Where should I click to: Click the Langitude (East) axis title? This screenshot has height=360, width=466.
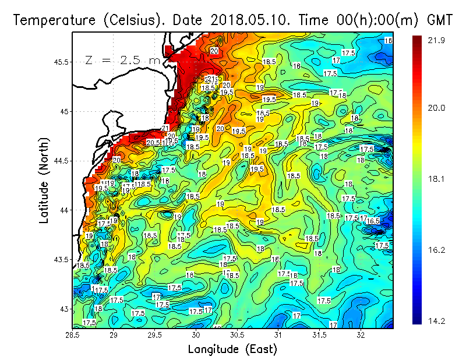(x=232, y=350)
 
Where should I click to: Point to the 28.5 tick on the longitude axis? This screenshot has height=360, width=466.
(x=72, y=336)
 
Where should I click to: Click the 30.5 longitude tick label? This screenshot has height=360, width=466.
(x=237, y=336)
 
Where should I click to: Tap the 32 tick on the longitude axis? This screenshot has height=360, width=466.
(x=361, y=336)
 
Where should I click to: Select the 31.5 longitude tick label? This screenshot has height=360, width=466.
(x=320, y=336)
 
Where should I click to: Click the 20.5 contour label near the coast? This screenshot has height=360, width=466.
(x=153, y=143)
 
